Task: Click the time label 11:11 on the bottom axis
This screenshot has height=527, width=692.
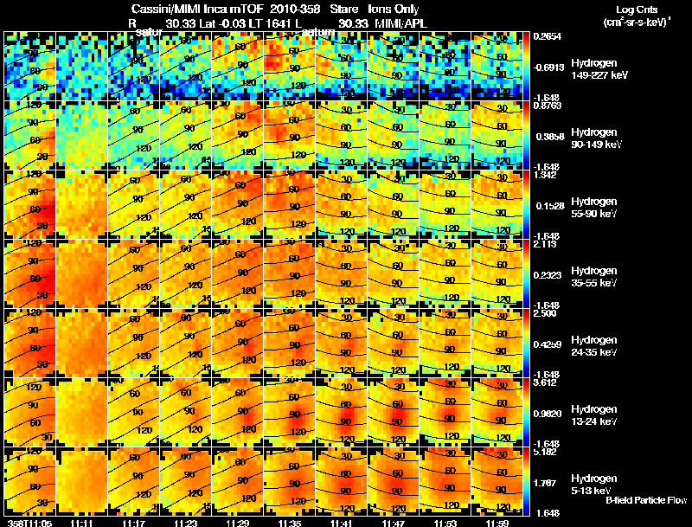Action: pyautogui.click(x=81, y=522)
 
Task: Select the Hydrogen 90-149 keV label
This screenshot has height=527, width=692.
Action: pyautogui.click(x=599, y=138)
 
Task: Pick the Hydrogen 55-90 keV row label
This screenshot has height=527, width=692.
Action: pyautogui.click(x=597, y=208)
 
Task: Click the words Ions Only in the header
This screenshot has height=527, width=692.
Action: pyautogui.click(x=394, y=9)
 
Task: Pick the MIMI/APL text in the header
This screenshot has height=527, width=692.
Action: pyautogui.click(x=400, y=22)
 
